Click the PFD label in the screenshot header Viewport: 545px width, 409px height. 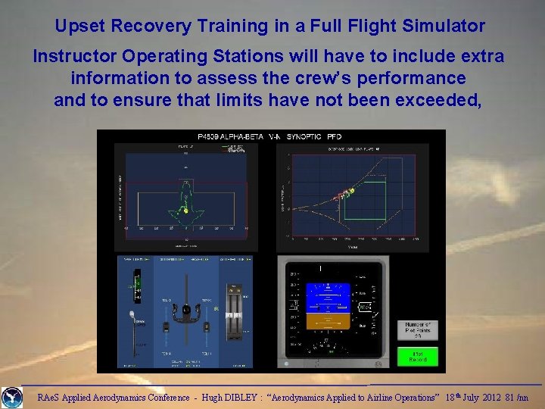(x=334, y=136)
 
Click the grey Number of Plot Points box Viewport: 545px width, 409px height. (x=417, y=329)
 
